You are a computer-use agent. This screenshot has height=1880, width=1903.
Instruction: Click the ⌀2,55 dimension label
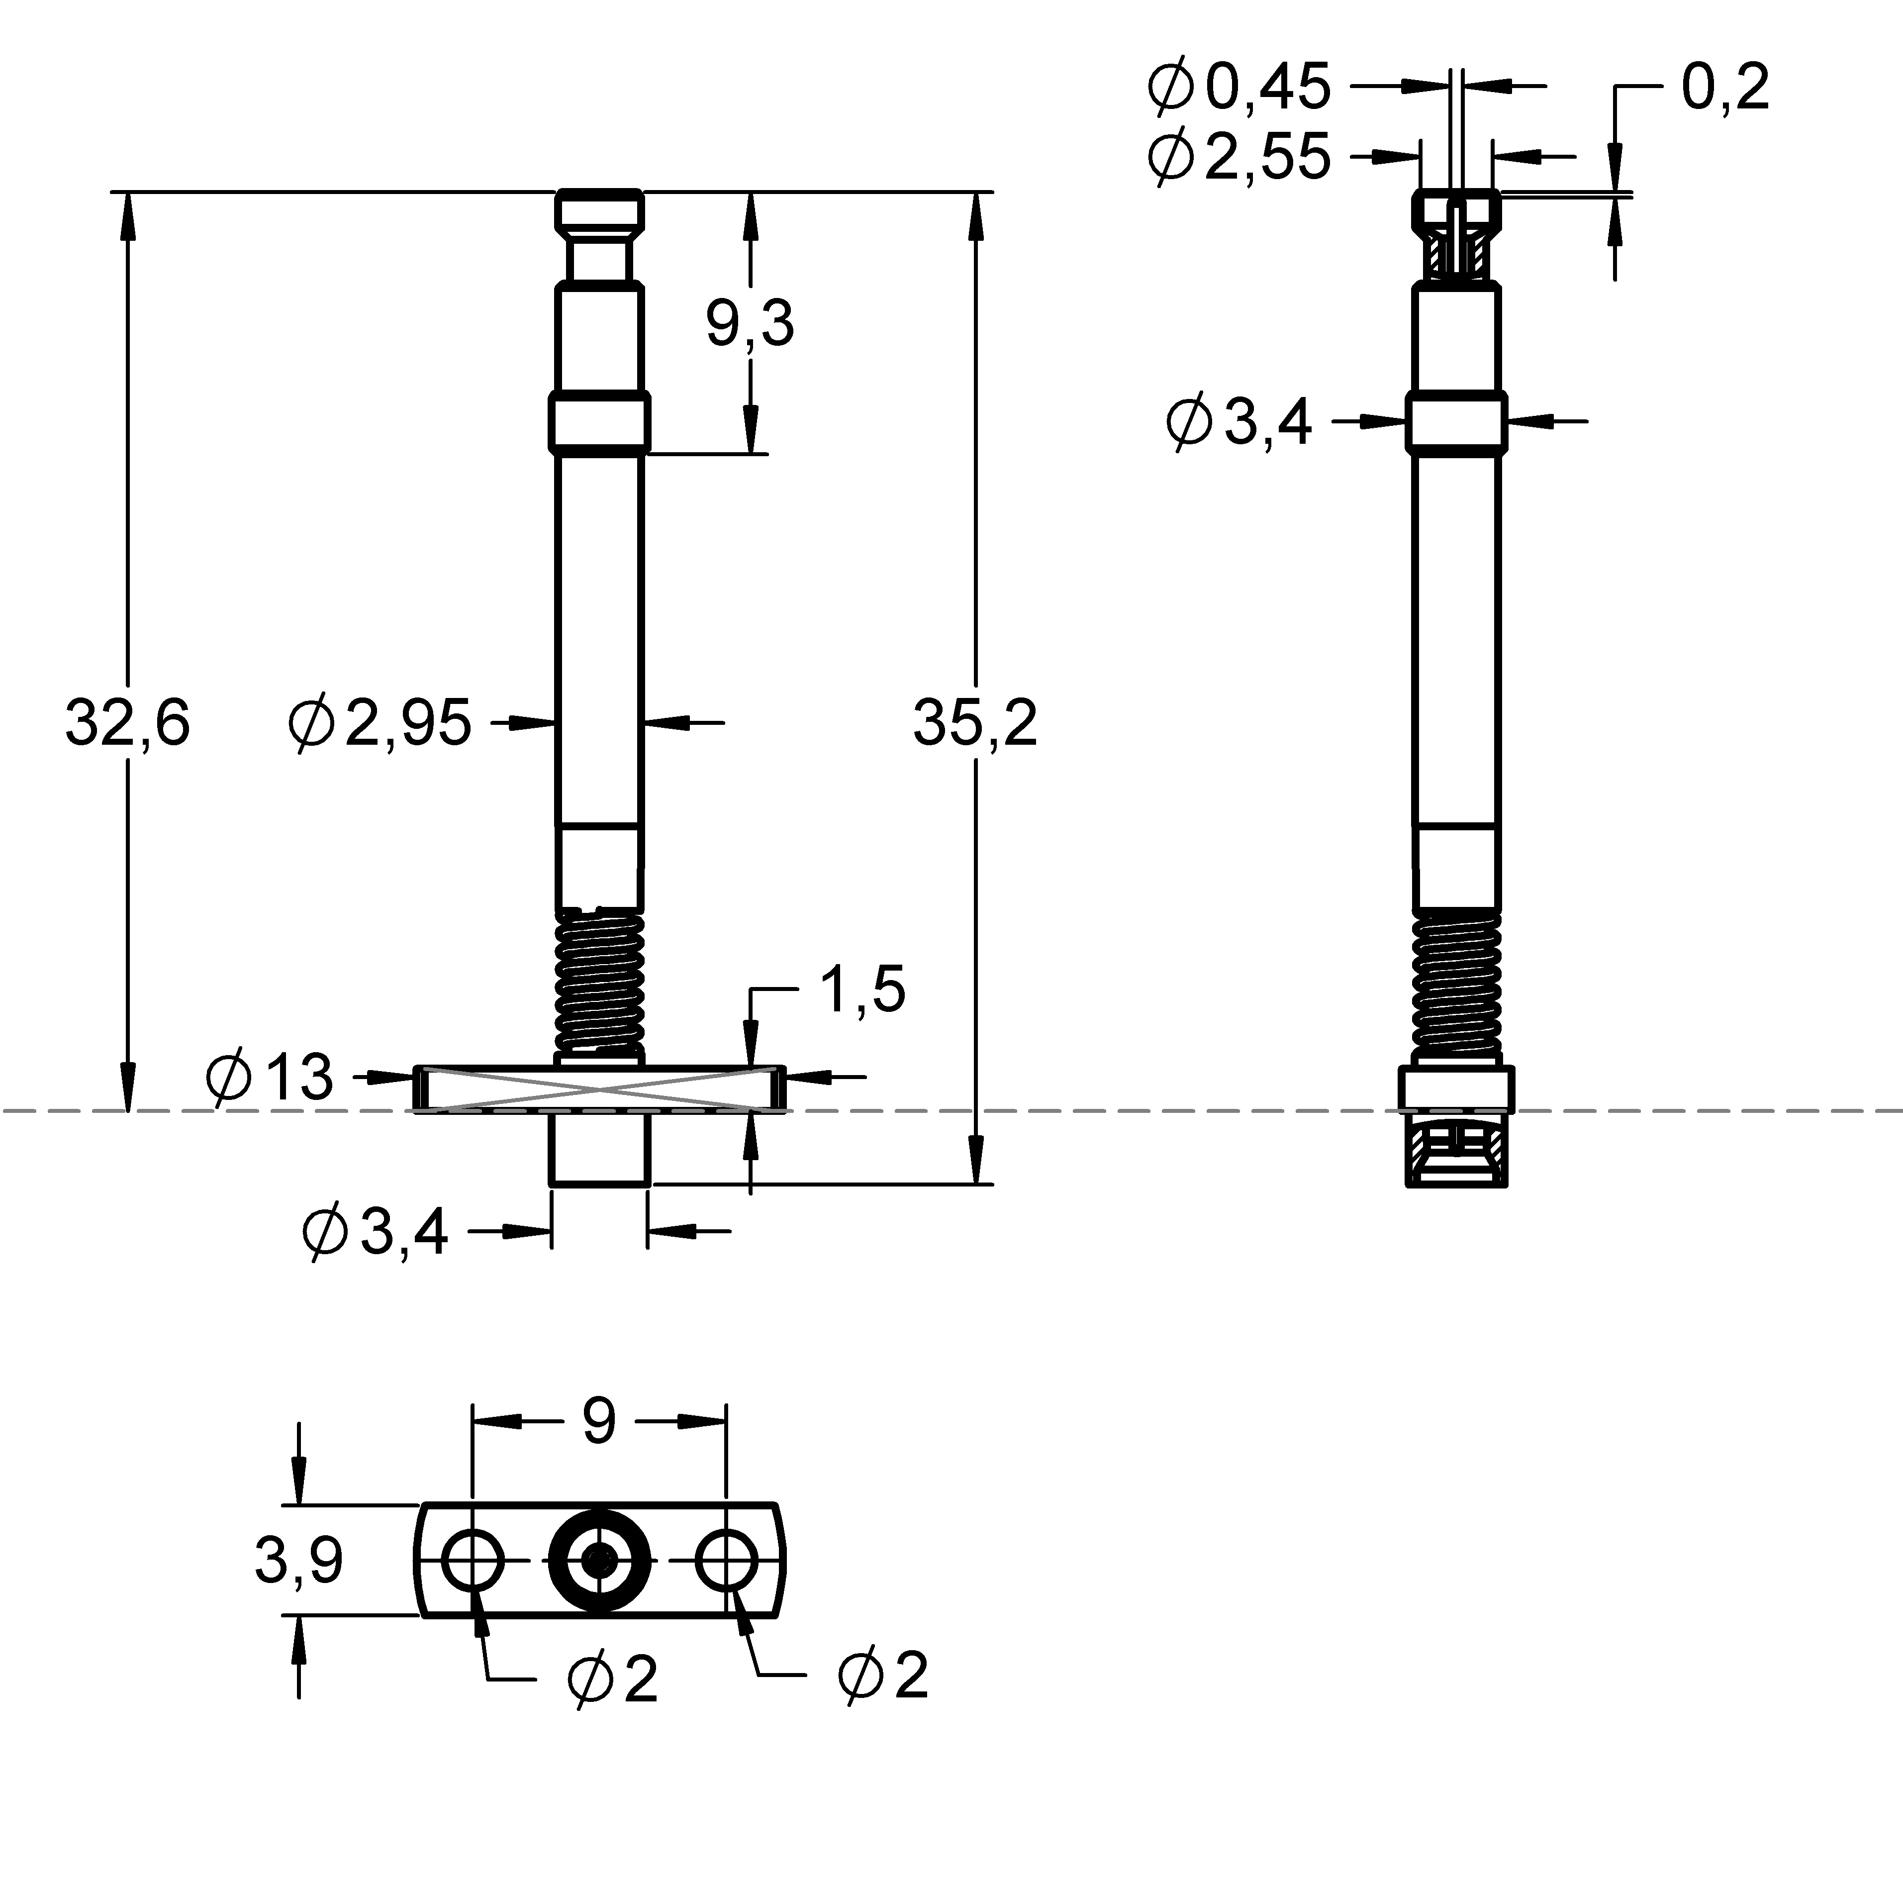(x=1239, y=156)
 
